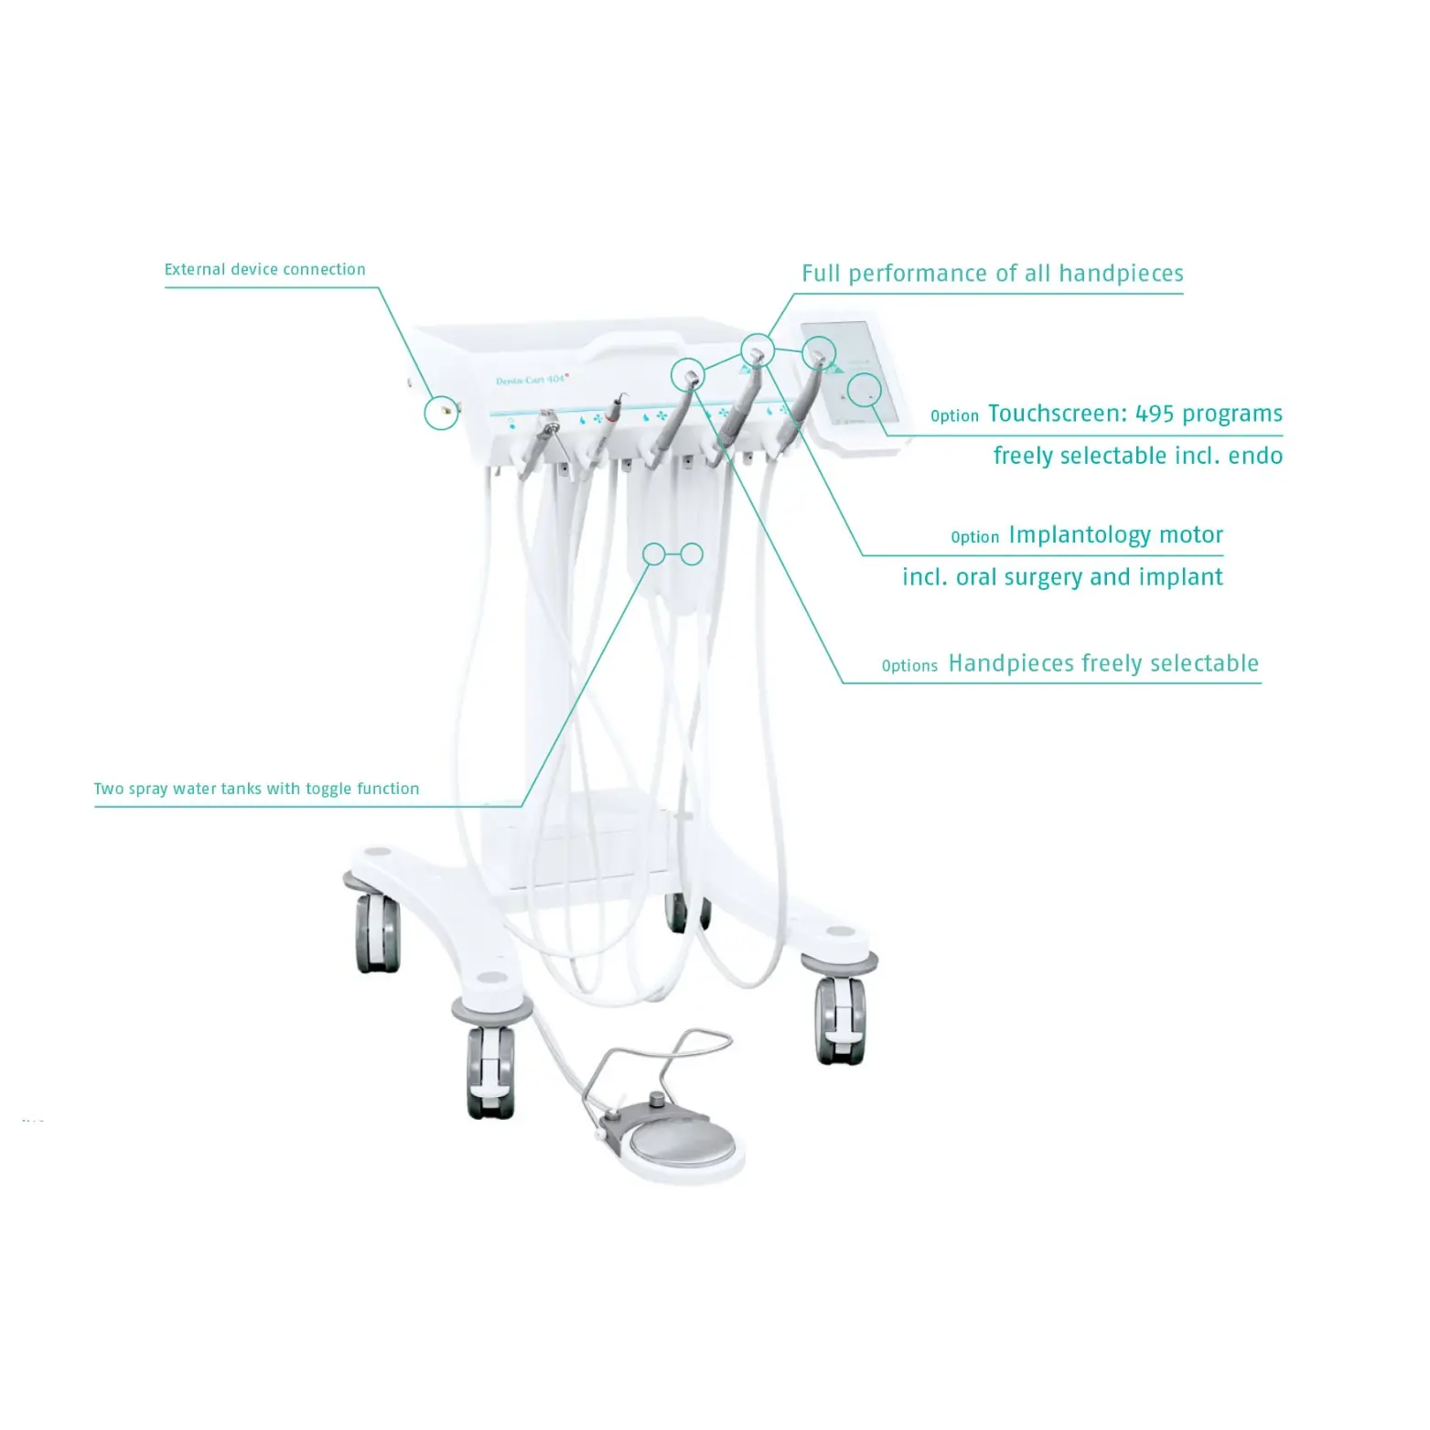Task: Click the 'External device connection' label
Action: coord(264,269)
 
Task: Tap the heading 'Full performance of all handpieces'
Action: coord(993,274)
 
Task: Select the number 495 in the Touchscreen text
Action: coord(1155,414)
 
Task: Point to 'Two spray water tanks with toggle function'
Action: coord(256,789)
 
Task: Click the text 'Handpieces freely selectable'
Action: coord(1103,663)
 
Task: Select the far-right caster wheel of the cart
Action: coord(840,1019)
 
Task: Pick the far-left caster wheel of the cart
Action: coord(377,931)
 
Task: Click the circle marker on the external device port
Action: coord(441,413)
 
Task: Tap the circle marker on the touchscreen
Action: coord(864,390)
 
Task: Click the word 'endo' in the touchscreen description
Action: coord(1256,456)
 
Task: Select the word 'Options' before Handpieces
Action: coord(909,666)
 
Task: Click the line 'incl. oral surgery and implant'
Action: coord(1062,577)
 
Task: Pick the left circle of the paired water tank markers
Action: coord(654,554)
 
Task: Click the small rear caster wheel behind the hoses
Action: coord(677,912)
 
